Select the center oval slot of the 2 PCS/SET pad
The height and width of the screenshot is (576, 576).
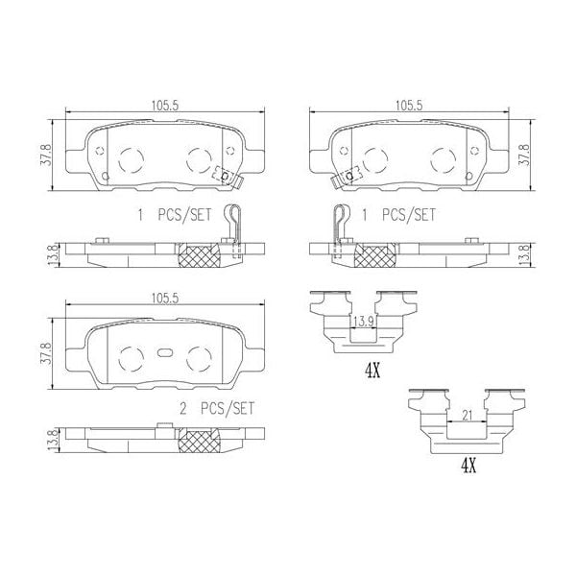(163, 352)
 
